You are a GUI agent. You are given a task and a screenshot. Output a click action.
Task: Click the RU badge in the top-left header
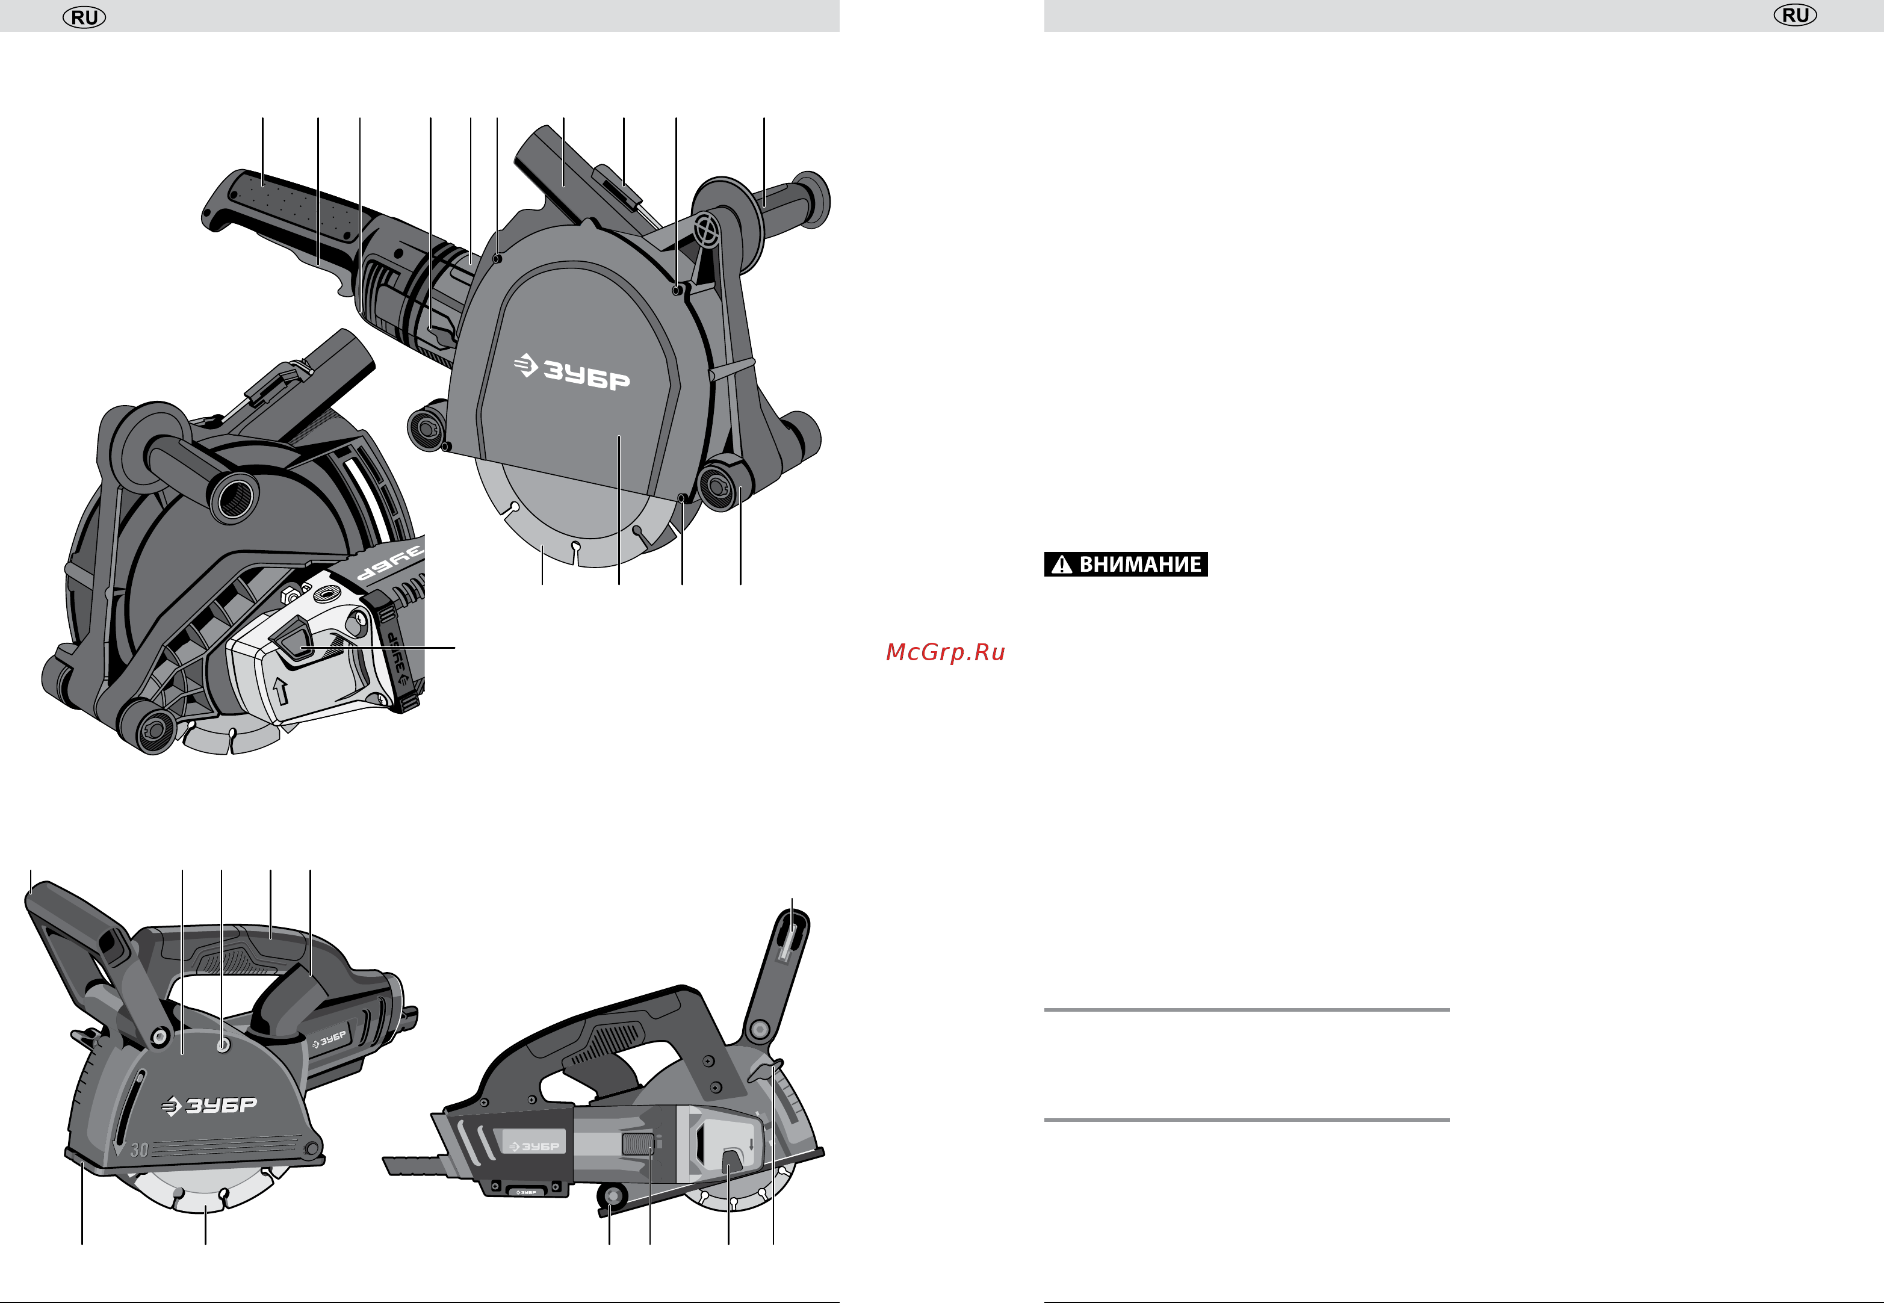(x=84, y=17)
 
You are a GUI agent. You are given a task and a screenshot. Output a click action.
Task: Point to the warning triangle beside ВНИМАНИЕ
(x=1061, y=564)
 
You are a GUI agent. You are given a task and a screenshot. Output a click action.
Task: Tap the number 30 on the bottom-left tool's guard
(x=140, y=1150)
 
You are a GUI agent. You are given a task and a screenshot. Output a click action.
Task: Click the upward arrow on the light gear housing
(x=281, y=691)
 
